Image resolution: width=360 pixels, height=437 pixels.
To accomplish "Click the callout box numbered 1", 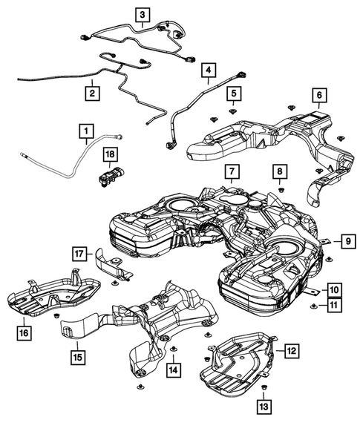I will [x=88, y=134].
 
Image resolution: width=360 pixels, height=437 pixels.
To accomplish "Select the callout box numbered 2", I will [x=91, y=94].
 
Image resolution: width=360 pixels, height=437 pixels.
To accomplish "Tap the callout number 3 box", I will [x=142, y=13].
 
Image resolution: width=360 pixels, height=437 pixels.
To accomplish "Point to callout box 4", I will [x=209, y=72].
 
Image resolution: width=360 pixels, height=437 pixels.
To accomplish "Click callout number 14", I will [x=173, y=369].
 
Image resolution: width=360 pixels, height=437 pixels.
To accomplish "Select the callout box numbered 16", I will [x=24, y=333].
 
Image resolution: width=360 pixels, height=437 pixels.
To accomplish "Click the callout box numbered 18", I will [x=110, y=154].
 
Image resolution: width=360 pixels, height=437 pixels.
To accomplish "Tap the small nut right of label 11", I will [x=314, y=305].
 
